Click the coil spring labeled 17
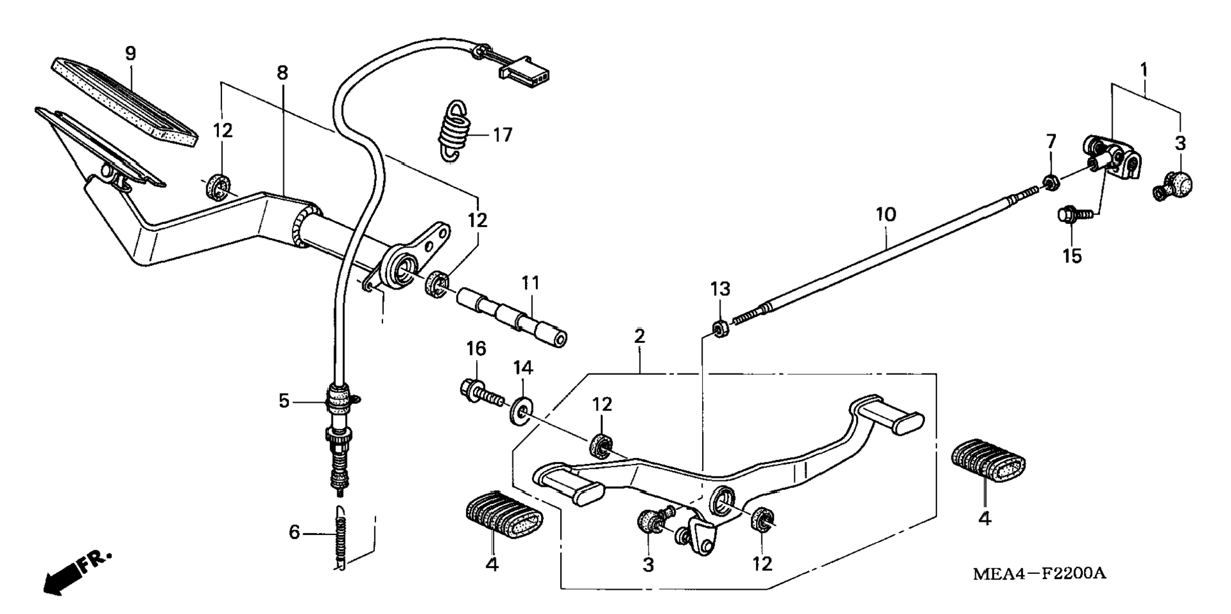click(454, 130)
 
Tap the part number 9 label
click(130, 53)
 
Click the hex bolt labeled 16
click(481, 393)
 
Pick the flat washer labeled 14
click(522, 410)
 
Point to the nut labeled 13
click(719, 328)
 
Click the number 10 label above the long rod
click(885, 214)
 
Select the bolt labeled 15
click(1074, 216)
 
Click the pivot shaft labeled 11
click(512, 317)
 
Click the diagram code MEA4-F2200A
click(1039, 573)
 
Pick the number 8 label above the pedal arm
click(282, 73)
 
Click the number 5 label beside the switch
click(285, 401)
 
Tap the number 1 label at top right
click(1144, 69)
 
